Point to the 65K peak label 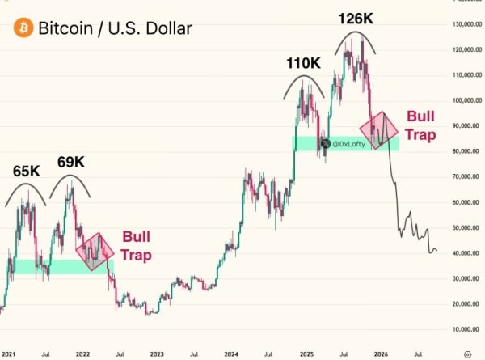click(x=26, y=172)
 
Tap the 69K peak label click(x=70, y=163)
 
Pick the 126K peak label click(x=356, y=18)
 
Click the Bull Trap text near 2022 click(x=137, y=245)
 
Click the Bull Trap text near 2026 click(x=420, y=125)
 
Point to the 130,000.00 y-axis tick click(x=464, y=25)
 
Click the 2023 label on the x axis click(x=156, y=354)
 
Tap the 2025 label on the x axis click(x=306, y=354)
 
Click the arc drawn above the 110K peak click(x=305, y=78)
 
